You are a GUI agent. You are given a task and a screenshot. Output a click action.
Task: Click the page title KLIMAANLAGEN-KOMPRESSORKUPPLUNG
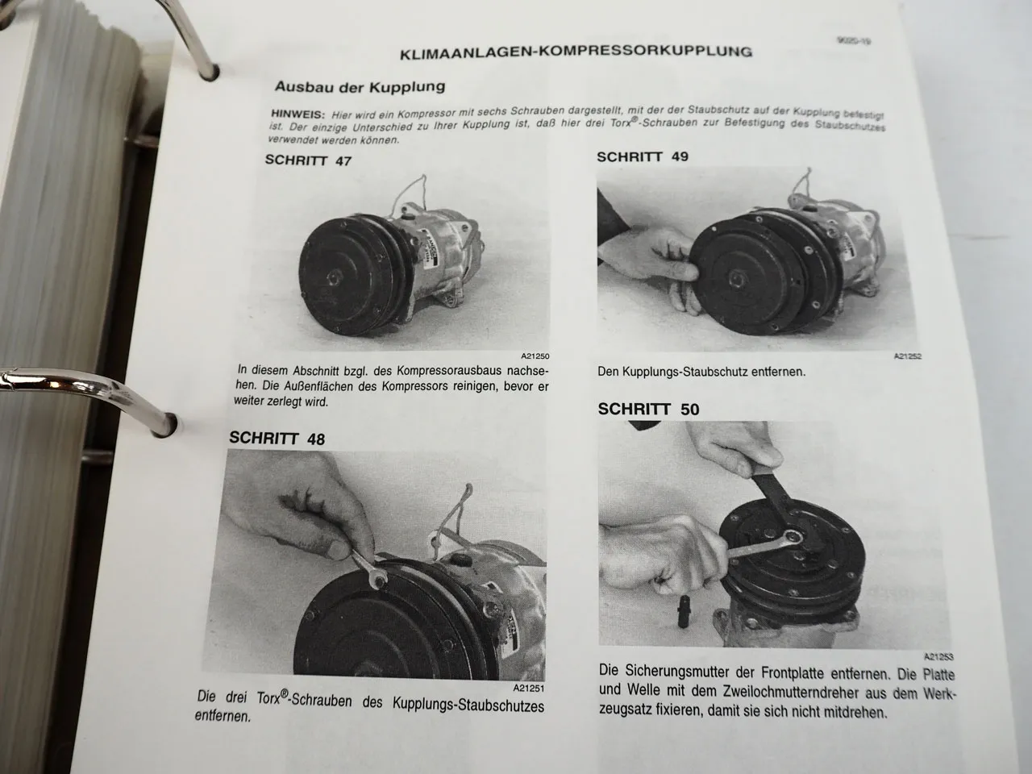pos(576,52)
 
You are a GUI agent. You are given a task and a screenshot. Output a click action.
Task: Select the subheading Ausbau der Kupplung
pos(360,86)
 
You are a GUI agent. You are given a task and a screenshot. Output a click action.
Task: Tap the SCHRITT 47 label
pos(308,160)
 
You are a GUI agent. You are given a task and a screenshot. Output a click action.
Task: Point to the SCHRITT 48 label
pos(277,439)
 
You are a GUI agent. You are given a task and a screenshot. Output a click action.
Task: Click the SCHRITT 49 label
pos(643,156)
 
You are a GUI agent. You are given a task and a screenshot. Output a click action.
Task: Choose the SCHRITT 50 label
pos(648,410)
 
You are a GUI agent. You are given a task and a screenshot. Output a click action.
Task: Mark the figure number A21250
pos(535,356)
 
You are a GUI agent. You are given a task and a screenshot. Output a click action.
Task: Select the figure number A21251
pos(528,689)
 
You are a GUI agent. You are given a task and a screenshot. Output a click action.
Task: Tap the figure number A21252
pos(907,356)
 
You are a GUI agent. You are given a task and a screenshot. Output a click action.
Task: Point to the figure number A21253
pos(938,656)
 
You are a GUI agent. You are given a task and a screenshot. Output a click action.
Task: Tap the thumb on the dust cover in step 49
pos(679,275)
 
